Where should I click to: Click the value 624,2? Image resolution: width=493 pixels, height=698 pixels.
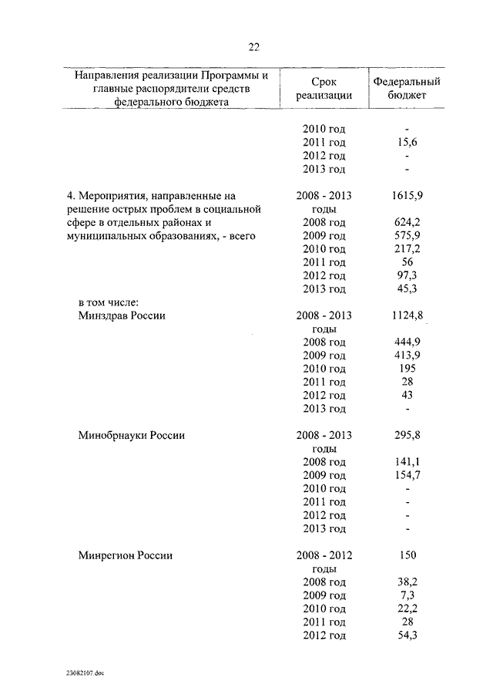(x=406, y=223)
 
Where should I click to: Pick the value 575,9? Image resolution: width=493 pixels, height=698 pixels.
(x=406, y=236)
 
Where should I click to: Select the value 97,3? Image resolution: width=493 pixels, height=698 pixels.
(x=406, y=275)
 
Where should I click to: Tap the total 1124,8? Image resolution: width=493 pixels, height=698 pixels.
(x=406, y=315)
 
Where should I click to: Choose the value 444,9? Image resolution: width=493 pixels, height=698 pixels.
(x=406, y=342)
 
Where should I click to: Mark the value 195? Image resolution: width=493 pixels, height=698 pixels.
(x=406, y=369)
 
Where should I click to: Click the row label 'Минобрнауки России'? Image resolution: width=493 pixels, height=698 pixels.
(x=132, y=435)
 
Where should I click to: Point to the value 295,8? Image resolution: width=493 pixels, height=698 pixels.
(x=406, y=435)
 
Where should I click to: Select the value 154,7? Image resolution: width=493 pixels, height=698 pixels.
(x=406, y=475)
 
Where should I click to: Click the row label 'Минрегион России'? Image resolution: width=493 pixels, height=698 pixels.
(x=126, y=555)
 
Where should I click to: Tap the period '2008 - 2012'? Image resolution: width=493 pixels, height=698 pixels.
(x=324, y=555)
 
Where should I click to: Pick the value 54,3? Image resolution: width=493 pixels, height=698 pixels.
(x=406, y=635)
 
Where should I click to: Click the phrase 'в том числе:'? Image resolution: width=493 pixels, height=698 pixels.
(x=107, y=302)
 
